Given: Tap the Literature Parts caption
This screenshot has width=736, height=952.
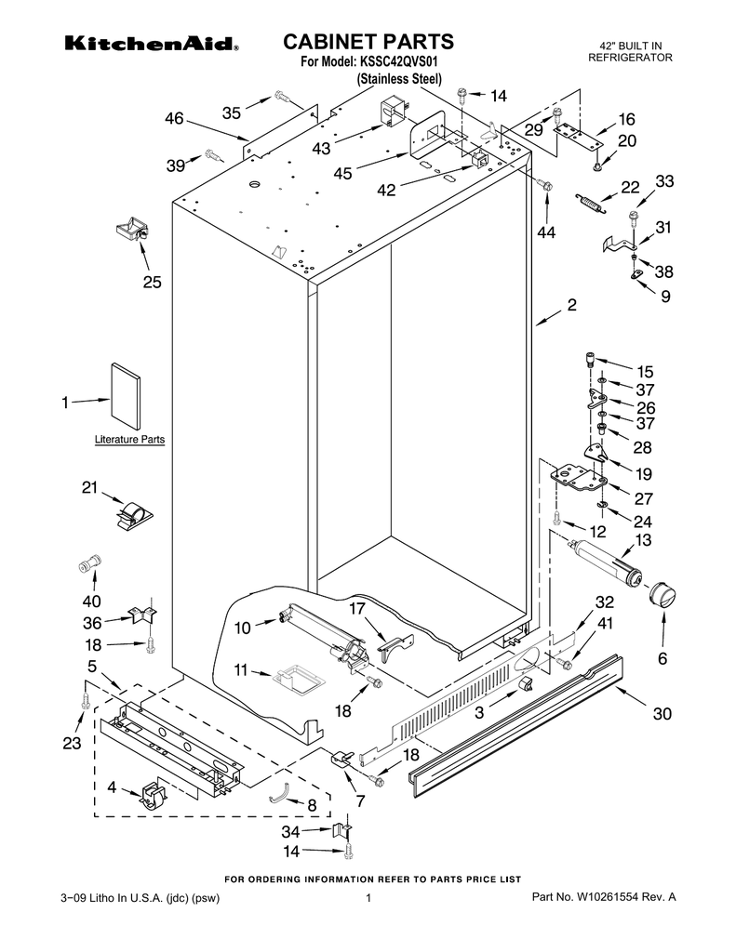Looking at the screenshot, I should tap(129, 439).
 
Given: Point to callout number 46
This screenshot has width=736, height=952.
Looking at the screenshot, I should tap(174, 118).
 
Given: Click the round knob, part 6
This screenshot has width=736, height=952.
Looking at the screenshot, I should tap(662, 593).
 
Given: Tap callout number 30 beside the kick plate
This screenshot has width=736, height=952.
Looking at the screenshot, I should tap(662, 714).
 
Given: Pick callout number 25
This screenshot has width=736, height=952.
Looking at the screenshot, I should tap(152, 283).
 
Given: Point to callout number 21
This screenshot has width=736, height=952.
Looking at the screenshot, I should tap(89, 486).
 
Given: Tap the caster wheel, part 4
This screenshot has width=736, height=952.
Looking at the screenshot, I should tap(154, 797).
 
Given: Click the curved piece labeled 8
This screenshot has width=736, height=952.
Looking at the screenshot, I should tap(279, 793).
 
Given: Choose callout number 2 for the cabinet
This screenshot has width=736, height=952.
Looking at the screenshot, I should tap(571, 304).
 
